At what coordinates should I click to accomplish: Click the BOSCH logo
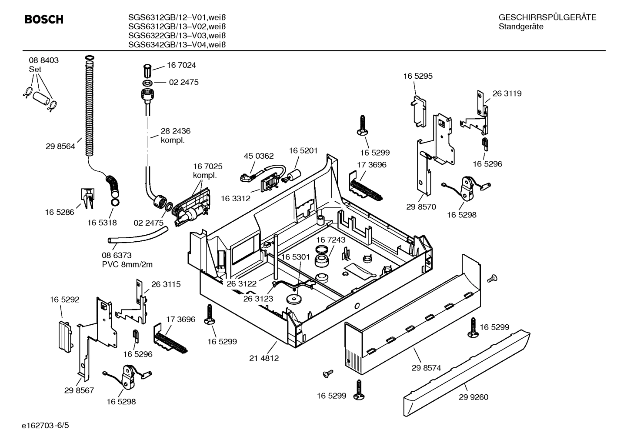(x=44, y=20)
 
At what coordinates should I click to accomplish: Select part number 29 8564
(x=60, y=147)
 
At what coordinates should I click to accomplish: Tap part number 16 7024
(x=181, y=65)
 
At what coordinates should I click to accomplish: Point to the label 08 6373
(x=117, y=256)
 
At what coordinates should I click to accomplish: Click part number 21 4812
(x=264, y=359)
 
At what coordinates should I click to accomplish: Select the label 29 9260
(x=474, y=397)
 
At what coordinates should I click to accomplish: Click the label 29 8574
(x=426, y=368)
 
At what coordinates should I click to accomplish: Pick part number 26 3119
(x=507, y=93)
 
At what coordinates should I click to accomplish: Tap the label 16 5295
(x=418, y=76)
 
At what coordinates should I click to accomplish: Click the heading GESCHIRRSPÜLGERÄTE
(x=547, y=18)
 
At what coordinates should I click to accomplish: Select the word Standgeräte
(x=521, y=27)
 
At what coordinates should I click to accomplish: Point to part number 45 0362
(x=259, y=156)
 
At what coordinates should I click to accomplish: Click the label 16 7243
(x=330, y=240)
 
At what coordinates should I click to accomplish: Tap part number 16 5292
(x=64, y=300)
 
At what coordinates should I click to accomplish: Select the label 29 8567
(x=79, y=390)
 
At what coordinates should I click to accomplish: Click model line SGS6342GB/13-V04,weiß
(x=177, y=45)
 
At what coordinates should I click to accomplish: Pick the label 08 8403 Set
(x=43, y=65)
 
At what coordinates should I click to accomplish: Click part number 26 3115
(x=166, y=284)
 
